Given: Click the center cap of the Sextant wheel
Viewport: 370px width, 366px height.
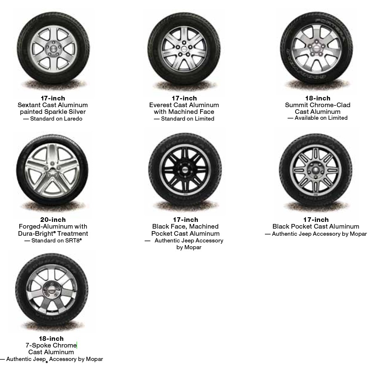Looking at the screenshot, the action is (x=54, y=49).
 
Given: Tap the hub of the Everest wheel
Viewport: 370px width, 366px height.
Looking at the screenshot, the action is (x=184, y=49).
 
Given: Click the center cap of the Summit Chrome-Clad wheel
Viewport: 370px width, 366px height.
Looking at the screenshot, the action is (x=316, y=49).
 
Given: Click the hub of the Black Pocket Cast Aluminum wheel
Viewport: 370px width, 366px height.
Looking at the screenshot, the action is (x=316, y=170).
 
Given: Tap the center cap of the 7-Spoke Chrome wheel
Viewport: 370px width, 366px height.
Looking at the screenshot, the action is (x=51, y=290).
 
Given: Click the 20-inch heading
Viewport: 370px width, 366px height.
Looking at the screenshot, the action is (x=53, y=219).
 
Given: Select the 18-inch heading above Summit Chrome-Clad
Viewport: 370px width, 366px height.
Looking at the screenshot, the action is (x=317, y=98).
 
